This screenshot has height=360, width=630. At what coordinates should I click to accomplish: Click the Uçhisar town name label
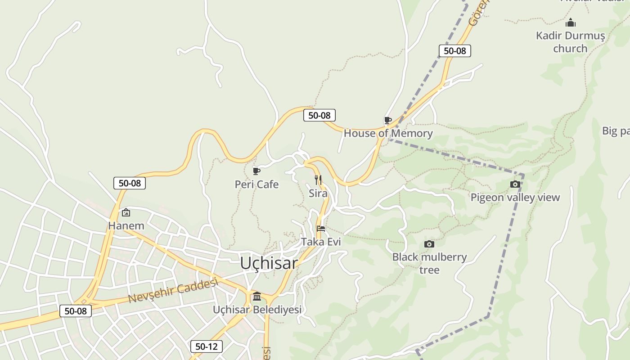click(269, 263)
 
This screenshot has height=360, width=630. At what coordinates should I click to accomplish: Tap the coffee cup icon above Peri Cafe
click(256, 171)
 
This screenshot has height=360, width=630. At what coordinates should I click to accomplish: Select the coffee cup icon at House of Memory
click(387, 120)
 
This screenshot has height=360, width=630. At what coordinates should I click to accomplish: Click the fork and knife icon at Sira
click(318, 180)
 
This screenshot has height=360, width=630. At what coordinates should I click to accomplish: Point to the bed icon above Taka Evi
click(321, 229)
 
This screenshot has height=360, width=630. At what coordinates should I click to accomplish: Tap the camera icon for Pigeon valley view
click(515, 184)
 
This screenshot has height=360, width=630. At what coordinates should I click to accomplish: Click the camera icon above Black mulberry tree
click(429, 244)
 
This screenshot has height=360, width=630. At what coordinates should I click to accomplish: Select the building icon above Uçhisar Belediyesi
click(257, 296)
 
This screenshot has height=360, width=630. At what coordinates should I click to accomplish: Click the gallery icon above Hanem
click(126, 212)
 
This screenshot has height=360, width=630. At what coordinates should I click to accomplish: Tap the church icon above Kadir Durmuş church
click(571, 22)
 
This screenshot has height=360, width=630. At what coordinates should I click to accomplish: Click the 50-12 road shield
click(207, 346)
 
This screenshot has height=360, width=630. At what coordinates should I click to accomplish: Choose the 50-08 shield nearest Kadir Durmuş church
click(455, 51)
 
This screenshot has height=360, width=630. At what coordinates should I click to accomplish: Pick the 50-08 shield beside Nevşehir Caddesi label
click(76, 311)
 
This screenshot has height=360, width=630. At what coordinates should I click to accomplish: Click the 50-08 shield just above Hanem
click(130, 183)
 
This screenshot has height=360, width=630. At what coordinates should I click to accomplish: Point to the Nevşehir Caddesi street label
click(173, 291)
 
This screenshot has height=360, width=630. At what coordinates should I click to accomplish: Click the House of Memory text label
click(388, 133)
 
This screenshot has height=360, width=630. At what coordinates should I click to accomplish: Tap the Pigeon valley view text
click(515, 197)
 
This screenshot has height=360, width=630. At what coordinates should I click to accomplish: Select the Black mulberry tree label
click(429, 263)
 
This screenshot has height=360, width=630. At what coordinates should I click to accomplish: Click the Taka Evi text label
click(321, 242)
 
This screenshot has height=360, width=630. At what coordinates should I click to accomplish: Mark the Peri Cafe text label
click(256, 184)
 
